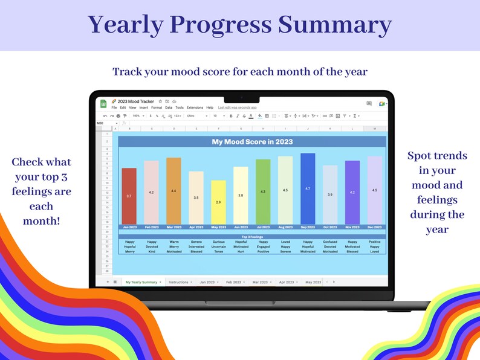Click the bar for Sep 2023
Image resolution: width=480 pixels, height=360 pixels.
tap(308, 188)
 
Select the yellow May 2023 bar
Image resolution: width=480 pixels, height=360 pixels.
tap(218, 202)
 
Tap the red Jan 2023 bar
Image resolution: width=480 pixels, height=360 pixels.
tap(129, 196)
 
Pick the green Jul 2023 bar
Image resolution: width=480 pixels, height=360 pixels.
tap(263, 191)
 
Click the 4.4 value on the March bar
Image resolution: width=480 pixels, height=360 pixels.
tap(174, 191)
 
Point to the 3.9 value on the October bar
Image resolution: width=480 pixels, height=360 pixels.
tap(330, 194)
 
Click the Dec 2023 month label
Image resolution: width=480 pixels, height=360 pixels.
tap(375, 227)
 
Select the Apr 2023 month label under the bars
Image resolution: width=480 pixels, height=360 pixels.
tap(196, 227)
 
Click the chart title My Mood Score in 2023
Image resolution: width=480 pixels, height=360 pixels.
tap(251, 142)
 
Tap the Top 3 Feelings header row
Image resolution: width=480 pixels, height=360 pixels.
tap(251, 236)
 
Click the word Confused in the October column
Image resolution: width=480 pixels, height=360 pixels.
tap(330, 242)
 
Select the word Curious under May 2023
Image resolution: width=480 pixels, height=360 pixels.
tap(218, 242)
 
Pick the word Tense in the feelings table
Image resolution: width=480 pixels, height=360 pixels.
tap(218, 252)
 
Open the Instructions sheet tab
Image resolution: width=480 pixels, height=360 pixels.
tap(179, 282)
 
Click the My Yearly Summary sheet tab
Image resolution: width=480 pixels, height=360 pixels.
tap(141, 282)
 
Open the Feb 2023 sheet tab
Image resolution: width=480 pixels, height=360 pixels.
tap(235, 282)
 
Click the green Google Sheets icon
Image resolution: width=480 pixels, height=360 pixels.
tap(103, 104)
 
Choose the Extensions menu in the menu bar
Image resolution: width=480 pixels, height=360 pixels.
tap(195, 108)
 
